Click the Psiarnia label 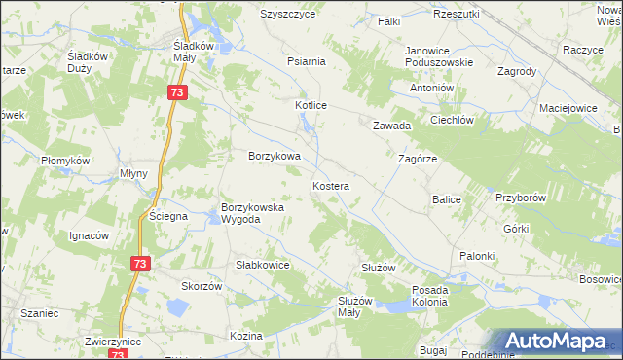click(x=306, y=60)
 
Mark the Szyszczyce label click(x=289, y=15)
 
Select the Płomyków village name click(x=65, y=161)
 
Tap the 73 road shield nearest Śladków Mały click(x=176, y=92)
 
